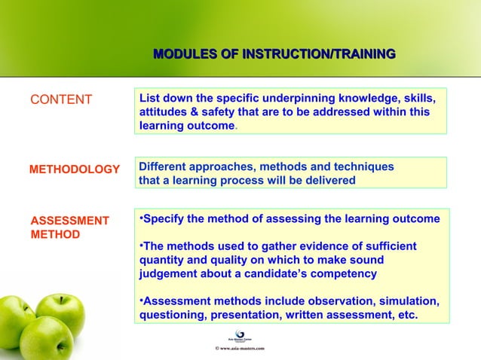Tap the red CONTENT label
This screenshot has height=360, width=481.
(60, 100)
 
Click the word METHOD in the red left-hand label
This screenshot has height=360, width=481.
(54, 234)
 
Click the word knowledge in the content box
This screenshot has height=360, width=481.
(354, 99)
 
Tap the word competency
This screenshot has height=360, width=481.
(349, 273)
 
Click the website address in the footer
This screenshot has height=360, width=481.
(240, 349)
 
